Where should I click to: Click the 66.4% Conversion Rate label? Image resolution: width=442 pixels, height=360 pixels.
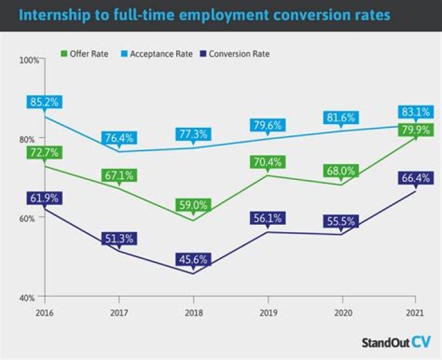coord(416,178)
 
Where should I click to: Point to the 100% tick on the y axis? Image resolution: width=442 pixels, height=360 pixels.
coord(29,60)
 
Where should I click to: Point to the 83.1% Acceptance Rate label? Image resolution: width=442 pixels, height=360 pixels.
coord(416,112)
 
